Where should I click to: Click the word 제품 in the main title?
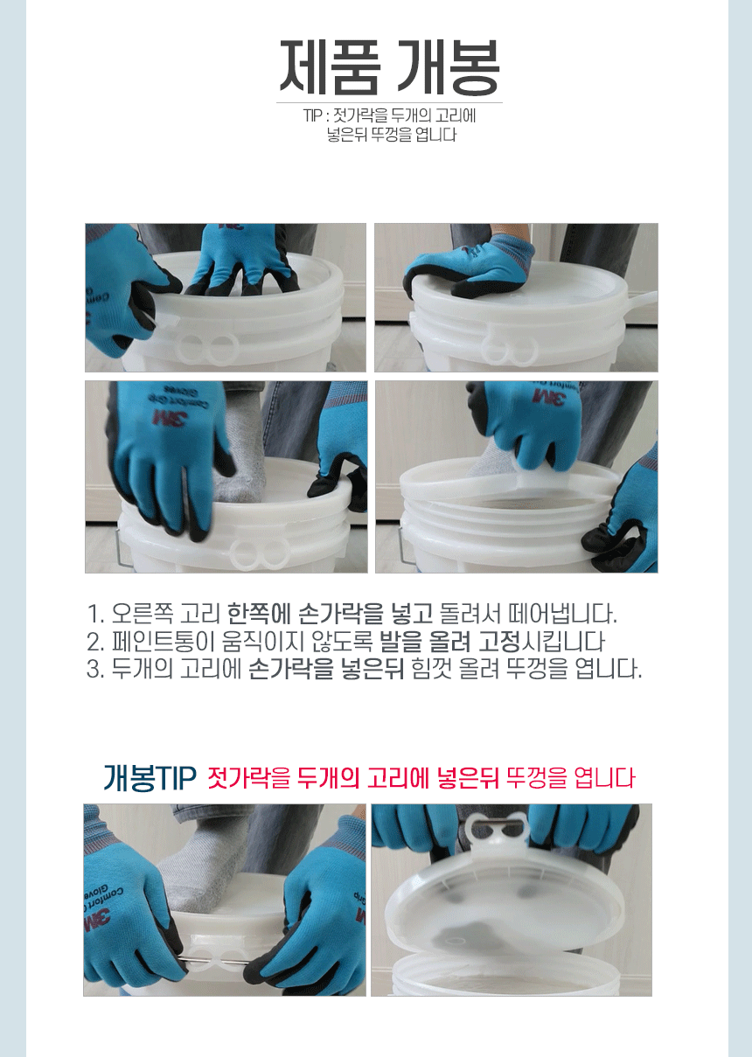point(329,67)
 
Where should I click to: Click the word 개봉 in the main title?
point(447,67)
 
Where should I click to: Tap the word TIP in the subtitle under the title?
point(312,115)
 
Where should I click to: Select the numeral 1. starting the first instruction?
point(95,615)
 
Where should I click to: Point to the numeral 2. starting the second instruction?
point(96,642)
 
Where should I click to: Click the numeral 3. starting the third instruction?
point(96,669)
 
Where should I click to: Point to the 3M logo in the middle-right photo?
point(549,396)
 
